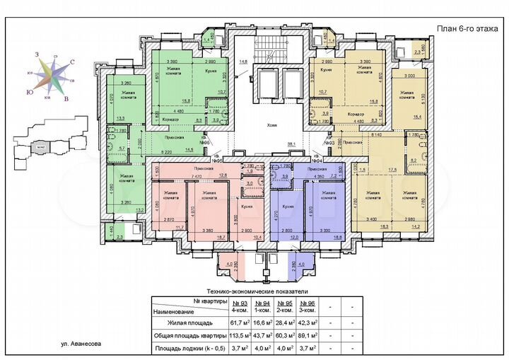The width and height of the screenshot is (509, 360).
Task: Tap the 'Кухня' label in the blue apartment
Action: tap(288, 207)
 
